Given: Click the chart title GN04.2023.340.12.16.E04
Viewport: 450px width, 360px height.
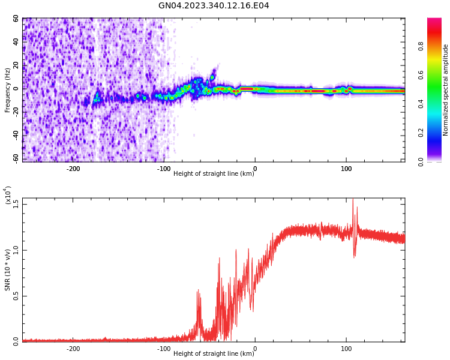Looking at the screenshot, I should click(x=214, y=5).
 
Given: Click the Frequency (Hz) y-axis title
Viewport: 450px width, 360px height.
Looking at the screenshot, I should click(x=7, y=90).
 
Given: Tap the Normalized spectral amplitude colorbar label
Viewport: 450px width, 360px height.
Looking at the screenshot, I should click(x=446, y=90).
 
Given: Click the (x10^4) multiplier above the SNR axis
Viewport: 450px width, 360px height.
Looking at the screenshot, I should click(x=8, y=195).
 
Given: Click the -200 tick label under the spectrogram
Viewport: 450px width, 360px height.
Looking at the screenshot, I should click(x=73, y=169).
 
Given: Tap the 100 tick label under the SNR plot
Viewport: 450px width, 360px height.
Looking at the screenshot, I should click(x=346, y=349).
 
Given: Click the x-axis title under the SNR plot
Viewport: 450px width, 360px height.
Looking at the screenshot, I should click(x=214, y=354).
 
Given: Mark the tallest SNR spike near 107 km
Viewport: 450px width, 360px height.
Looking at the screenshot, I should click(x=353, y=199).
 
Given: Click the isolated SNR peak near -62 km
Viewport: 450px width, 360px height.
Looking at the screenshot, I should click(x=198, y=290).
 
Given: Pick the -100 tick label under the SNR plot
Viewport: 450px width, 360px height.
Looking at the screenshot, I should click(x=164, y=349).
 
